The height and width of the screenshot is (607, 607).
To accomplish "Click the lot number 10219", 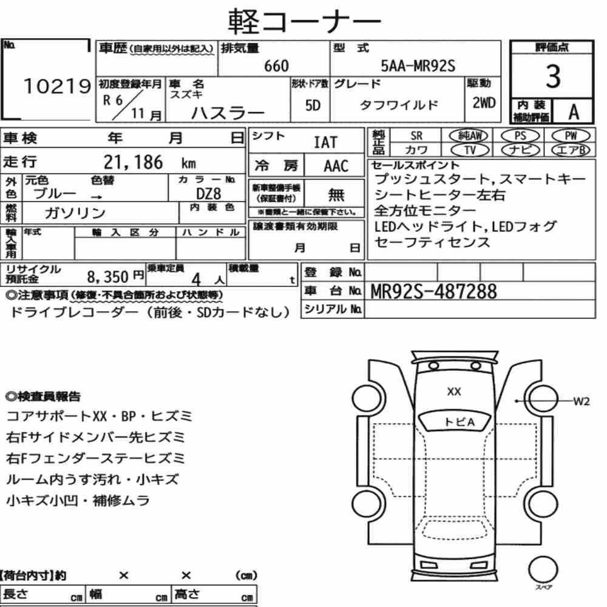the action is point(57,86).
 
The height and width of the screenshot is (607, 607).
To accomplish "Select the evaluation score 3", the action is point(553,76).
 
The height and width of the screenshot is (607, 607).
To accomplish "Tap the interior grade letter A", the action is point(574,112).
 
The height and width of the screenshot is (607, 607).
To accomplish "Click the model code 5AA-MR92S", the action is point(418,66).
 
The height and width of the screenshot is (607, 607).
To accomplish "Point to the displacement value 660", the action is point(276,66).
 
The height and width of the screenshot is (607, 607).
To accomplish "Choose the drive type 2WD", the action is point(484,103).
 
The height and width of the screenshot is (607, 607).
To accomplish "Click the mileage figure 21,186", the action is point(133,162).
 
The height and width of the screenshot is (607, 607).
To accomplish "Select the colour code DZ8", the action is point(209,194).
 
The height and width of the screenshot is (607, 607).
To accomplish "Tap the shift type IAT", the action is point(325,143).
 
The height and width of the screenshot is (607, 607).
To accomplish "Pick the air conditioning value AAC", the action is point(336,166).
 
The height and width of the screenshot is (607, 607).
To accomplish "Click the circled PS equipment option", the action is point(520,136).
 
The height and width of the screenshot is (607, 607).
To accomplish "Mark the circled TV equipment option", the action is point(470,150).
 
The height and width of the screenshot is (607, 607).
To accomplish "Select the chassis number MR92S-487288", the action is point(433,291).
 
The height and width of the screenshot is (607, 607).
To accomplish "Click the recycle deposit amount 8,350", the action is point(107,277).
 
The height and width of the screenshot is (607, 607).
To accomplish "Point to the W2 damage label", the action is point(582,401).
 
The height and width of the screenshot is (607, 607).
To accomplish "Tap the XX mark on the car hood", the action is point(454,392).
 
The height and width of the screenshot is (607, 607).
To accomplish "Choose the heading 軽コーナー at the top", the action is point(304,22).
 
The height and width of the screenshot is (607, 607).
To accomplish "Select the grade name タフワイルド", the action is point(399,105).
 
